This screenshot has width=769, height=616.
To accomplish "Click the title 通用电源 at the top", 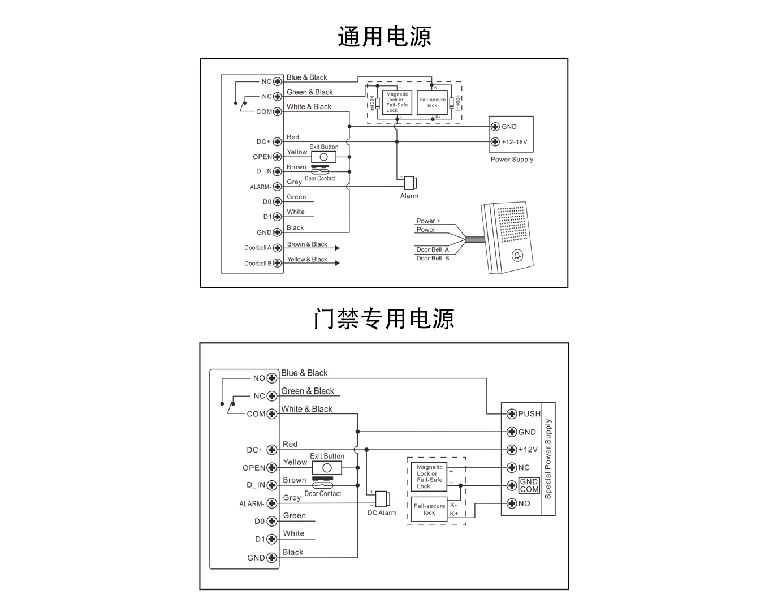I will [x=384, y=37].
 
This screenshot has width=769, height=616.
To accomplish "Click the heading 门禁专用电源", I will [x=384, y=318].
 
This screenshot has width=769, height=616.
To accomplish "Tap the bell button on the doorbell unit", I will [x=517, y=256].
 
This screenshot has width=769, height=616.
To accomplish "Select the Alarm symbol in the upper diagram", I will [x=411, y=183].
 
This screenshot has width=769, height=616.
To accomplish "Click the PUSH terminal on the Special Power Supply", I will [x=512, y=413].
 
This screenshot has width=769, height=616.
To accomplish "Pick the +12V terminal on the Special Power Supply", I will [x=512, y=450].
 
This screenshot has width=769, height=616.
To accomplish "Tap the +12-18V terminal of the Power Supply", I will [x=495, y=142].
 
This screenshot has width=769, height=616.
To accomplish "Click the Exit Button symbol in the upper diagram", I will [x=323, y=157].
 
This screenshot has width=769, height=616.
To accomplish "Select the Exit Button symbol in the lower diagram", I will [x=327, y=468].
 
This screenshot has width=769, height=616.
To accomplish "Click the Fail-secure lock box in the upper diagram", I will [x=432, y=102].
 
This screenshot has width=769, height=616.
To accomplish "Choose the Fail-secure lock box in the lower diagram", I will [x=429, y=509].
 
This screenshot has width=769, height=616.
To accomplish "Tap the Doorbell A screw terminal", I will [x=277, y=248].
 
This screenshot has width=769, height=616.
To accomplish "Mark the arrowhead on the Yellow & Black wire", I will [x=337, y=263].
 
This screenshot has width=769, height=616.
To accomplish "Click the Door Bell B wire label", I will [x=433, y=258].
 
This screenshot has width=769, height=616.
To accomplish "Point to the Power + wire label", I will [x=428, y=221].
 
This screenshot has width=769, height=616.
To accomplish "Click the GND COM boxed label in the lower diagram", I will [x=529, y=485].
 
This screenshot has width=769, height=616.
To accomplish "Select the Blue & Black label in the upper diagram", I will [x=306, y=77].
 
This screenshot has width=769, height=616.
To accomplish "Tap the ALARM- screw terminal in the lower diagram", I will [x=271, y=503].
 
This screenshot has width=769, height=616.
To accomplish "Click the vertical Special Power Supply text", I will [x=548, y=459].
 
